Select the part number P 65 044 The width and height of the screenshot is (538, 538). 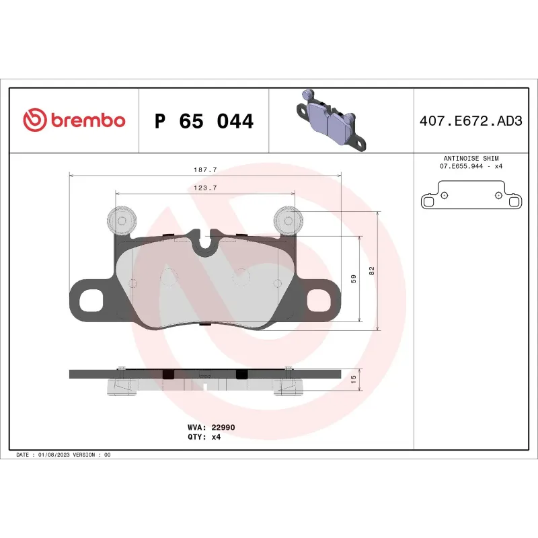(x=204, y=122)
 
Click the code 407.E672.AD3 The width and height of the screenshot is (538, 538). (x=470, y=122)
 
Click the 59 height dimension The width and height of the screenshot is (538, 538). (x=354, y=278)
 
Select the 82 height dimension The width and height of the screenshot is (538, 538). (x=371, y=270)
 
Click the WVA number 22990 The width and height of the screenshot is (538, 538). (x=223, y=427)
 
